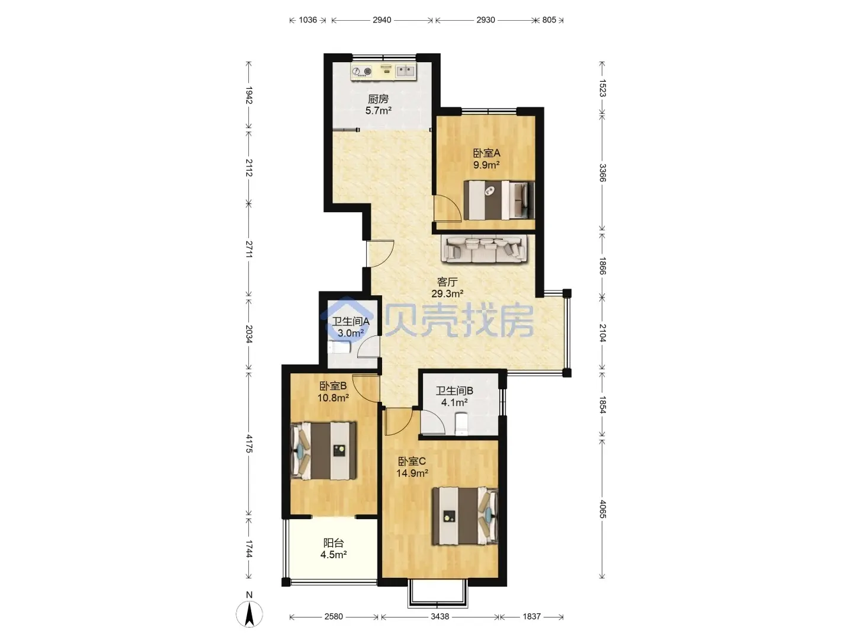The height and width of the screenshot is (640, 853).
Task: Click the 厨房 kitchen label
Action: click(x=378, y=99)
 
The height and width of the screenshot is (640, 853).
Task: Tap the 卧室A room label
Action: click(x=486, y=153)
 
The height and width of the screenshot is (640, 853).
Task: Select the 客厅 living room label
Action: click(x=447, y=281)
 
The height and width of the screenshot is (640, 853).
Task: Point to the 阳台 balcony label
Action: click(x=333, y=543)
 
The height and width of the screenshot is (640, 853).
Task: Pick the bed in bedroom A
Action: click(x=499, y=200)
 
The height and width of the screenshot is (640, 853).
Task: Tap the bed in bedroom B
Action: click(x=323, y=451)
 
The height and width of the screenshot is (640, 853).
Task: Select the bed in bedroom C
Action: click(x=465, y=516)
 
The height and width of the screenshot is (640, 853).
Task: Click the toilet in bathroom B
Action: click(x=461, y=424)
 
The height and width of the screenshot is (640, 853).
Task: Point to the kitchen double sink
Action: click(x=405, y=72)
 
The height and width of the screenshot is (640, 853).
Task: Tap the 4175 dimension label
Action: click(x=249, y=443)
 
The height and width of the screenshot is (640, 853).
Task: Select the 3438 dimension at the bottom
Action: click(x=440, y=616)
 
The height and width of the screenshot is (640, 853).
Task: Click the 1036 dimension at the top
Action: click(x=308, y=20)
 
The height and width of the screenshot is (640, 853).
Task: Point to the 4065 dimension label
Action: click(x=602, y=508)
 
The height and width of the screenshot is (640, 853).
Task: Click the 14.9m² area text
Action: click(x=412, y=473)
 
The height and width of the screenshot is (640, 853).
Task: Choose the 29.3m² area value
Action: click(x=447, y=293)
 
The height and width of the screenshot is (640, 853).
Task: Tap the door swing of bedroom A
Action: click(x=447, y=208)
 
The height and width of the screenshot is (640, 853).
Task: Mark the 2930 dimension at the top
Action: click(x=485, y=20)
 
